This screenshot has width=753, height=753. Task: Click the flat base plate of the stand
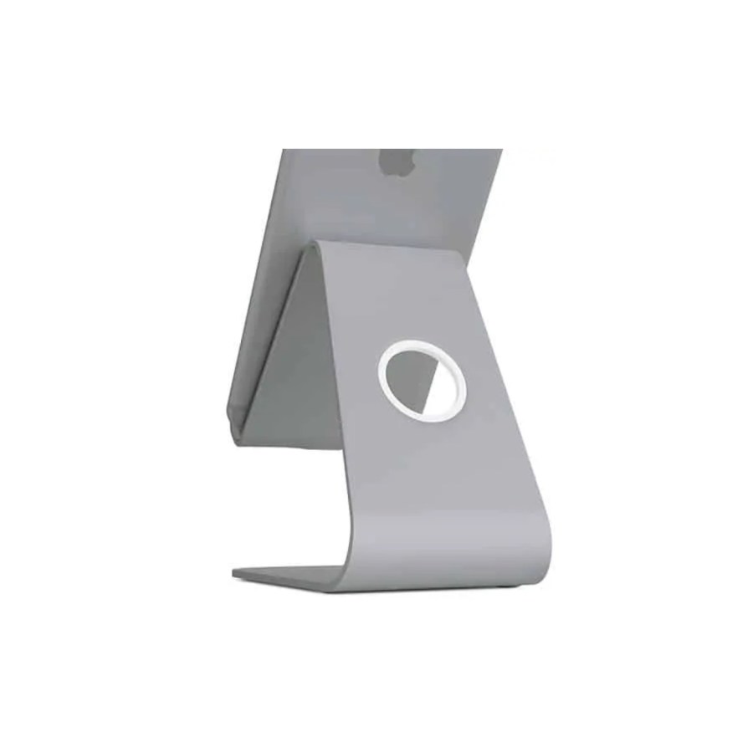[293, 575]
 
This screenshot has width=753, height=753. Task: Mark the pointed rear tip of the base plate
[235, 574]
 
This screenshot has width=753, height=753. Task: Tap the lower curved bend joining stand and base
[535, 535]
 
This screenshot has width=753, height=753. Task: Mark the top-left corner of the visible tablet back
[284, 151]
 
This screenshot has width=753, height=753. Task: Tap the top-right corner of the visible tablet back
[502, 151]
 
